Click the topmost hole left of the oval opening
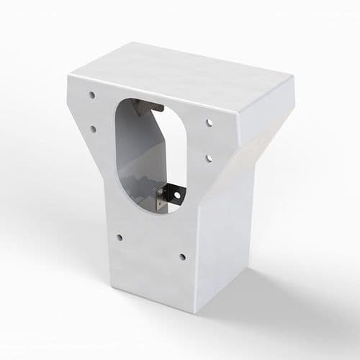point(92,94)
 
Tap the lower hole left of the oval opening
point(93,129)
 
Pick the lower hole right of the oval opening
point(207,157)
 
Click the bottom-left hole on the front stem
point(119,237)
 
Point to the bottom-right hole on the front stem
point(182,256)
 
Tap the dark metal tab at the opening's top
point(150,107)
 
